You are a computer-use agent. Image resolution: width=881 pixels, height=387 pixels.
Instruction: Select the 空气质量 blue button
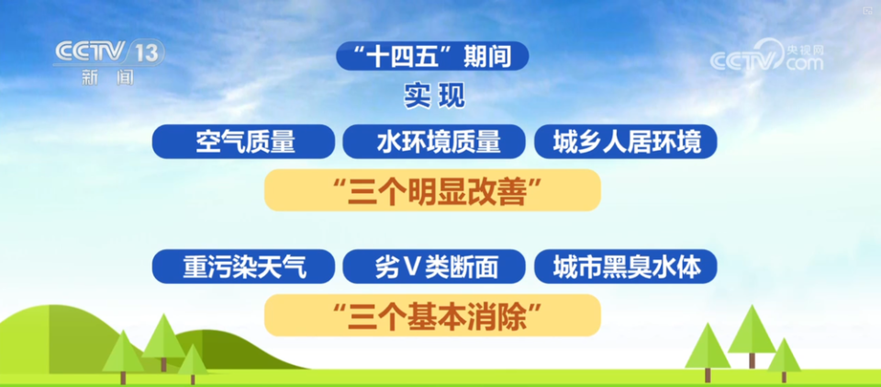tap(244, 142)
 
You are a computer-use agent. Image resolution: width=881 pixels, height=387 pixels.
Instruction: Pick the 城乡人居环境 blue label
tap(625, 142)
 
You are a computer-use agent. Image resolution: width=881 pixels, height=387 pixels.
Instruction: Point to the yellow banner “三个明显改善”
tap(433, 190)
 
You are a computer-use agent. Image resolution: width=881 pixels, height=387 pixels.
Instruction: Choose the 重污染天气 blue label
tap(244, 267)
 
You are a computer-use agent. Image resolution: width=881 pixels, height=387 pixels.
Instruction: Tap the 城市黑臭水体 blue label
tap(625, 267)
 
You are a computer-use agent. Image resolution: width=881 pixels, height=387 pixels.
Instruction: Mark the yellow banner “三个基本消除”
tap(433, 315)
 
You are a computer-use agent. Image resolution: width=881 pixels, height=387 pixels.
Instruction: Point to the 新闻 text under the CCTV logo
tap(107, 77)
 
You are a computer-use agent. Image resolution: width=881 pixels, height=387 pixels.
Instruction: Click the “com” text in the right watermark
tap(804, 64)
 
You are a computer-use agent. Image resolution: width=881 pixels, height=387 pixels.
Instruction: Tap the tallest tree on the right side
tap(751, 333)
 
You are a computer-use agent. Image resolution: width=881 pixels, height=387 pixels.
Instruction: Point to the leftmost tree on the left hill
tap(123, 354)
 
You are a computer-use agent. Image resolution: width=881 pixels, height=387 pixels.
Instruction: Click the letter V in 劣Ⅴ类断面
tap(413, 267)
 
